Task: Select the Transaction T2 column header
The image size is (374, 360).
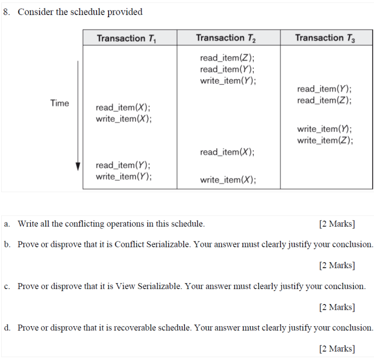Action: point(226,38)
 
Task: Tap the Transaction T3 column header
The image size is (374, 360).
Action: point(325,38)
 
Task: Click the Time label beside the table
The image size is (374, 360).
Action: point(60,103)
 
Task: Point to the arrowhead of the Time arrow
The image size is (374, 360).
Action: point(77,167)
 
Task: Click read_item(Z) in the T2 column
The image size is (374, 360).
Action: point(227,58)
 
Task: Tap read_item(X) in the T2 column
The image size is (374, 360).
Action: point(227,152)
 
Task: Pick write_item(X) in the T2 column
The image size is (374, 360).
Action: point(228,180)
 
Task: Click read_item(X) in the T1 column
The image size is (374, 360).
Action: point(123,108)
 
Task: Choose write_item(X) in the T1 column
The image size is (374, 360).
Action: point(124,119)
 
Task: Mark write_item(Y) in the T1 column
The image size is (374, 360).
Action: point(124,176)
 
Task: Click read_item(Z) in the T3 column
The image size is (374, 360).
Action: point(324,100)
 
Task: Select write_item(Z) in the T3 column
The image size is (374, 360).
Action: point(325,140)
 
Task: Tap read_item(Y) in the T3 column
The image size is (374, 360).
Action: point(324,89)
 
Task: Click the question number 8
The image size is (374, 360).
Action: point(7,12)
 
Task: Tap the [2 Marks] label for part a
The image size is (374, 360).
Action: point(336,224)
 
